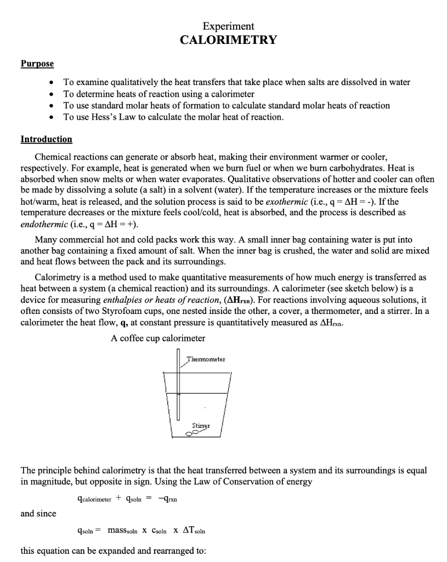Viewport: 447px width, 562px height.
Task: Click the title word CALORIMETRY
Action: tap(228, 40)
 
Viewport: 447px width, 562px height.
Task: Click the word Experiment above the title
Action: tap(228, 26)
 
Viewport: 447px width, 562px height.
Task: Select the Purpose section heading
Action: tap(37, 64)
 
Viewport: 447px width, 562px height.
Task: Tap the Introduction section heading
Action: tap(46, 139)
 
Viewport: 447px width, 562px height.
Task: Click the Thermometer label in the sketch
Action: tap(206, 359)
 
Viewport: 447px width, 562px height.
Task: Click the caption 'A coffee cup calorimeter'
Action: tap(158, 338)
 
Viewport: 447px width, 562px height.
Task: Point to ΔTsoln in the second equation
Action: tap(193, 531)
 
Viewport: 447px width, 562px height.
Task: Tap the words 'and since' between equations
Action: tap(38, 513)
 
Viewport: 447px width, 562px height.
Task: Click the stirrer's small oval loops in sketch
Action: tap(190, 434)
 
